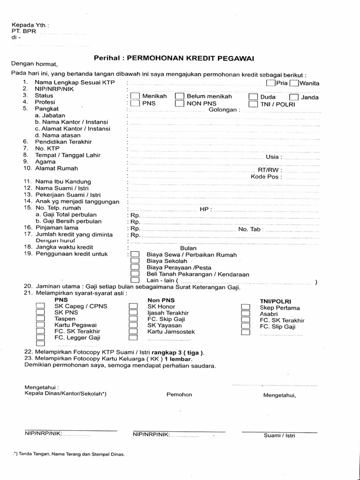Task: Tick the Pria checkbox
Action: pyautogui.click(x=270, y=83)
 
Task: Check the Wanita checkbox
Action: pyautogui.click(x=294, y=83)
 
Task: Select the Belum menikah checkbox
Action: pyautogui.click(x=179, y=97)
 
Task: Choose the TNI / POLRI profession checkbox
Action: pyautogui.click(x=253, y=104)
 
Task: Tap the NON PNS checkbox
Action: pyautogui.click(x=179, y=104)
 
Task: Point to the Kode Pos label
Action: pyautogui.click(x=266, y=177)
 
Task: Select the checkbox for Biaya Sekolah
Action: pyautogui.click(x=135, y=261)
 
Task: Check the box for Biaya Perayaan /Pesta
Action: pyautogui.click(x=135, y=268)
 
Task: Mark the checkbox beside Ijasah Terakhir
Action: pyautogui.click(x=133, y=313)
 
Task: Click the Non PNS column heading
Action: pyautogui.click(x=161, y=300)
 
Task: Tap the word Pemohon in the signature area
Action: pyautogui.click(x=179, y=395)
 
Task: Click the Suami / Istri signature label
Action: pyautogui.click(x=279, y=435)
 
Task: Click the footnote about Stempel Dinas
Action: pyautogui.click(x=69, y=454)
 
